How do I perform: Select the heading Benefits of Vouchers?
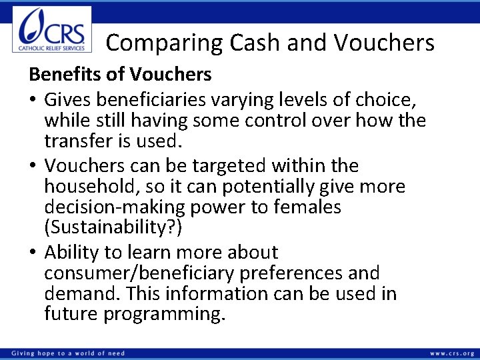click(120, 75)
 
